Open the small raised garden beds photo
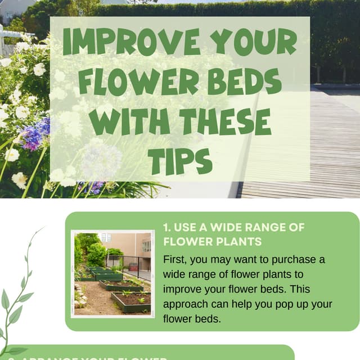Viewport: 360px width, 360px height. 112,273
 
